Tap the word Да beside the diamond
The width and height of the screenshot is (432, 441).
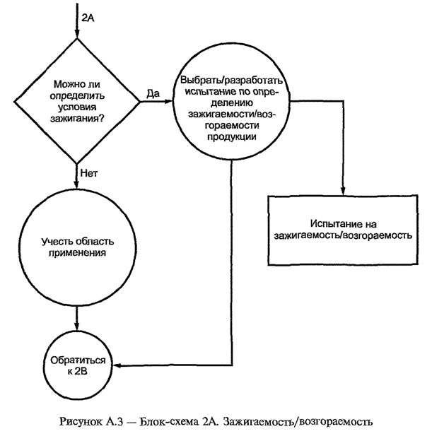tap(151, 93)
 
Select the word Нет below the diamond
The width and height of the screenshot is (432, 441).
tap(89, 171)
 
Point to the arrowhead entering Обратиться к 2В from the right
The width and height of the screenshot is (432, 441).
tap(116, 366)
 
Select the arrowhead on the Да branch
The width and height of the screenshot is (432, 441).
tap(172, 101)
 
